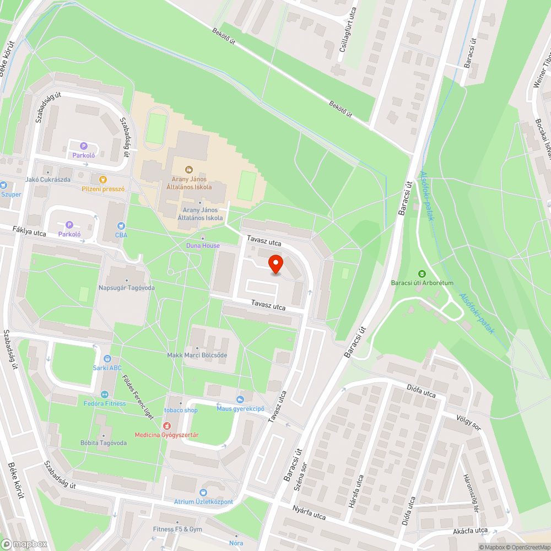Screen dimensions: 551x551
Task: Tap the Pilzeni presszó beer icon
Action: pyautogui.click(x=102, y=179)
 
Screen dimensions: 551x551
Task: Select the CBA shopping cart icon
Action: pyautogui.click(x=121, y=226)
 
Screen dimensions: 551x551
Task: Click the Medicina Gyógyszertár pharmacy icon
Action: pyautogui.click(x=166, y=426)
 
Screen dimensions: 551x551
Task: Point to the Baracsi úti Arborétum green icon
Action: pyautogui.click(x=422, y=274)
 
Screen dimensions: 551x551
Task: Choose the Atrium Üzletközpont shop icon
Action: pyautogui.click(x=203, y=492)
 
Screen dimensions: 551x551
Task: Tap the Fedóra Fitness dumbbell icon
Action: pyautogui.click(x=104, y=395)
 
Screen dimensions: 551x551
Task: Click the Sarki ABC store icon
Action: pyautogui.click(x=107, y=359)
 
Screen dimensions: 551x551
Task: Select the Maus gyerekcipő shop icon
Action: pyautogui.click(x=240, y=399)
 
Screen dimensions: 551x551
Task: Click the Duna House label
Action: pyautogui.click(x=203, y=246)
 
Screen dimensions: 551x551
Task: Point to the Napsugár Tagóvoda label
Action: pyautogui.click(x=126, y=288)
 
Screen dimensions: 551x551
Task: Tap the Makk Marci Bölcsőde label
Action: pyautogui.click(x=197, y=355)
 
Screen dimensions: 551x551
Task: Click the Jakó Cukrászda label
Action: pyautogui.click(x=47, y=180)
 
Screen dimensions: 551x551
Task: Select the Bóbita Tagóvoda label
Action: pyautogui.click(x=104, y=443)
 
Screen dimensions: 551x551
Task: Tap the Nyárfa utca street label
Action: pyautogui.click(x=309, y=514)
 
